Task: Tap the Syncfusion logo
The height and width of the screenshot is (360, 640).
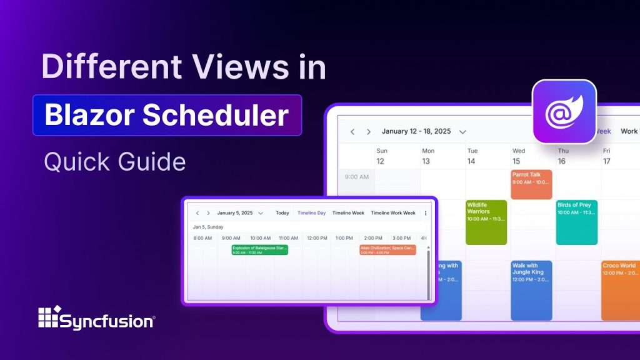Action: (96, 318)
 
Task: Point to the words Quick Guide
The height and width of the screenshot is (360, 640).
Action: (114, 162)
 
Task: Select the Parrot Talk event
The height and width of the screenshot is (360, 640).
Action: (531, 184)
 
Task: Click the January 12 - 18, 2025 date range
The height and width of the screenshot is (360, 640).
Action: (416, 132)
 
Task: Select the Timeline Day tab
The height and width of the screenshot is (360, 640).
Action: (311, 213)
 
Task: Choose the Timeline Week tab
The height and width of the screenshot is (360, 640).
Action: (348, 213)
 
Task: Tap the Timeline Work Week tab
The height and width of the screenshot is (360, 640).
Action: (392, 213)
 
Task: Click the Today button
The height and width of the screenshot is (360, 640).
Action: (282, 213)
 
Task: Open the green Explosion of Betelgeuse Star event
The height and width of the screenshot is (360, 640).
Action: (259, 250)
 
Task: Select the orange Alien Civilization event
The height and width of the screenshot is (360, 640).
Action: (387, 250)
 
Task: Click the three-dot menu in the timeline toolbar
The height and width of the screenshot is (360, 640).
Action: (426, 213)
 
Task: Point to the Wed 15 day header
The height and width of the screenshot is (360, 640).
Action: (519, 156)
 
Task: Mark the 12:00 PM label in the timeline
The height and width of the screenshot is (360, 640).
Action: (317, 238)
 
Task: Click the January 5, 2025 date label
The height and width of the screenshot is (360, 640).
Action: (235, 213)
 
